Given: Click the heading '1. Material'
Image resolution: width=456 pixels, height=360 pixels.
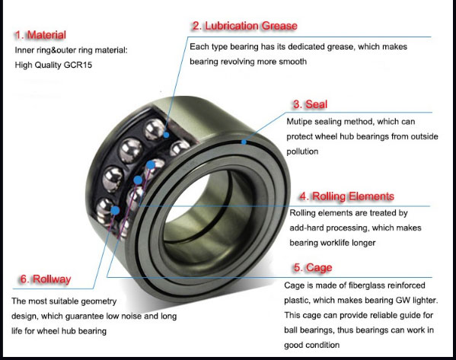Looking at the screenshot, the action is pos(40,35).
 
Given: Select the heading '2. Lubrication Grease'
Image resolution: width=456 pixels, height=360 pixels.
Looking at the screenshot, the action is pos(244,26).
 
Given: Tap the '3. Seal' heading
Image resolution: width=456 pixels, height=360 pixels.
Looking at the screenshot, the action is pos(310,104).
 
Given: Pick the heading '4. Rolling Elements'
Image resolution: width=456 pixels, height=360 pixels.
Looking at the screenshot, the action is pos(346,196).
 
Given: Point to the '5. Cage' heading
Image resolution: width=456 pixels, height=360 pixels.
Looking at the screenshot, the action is pos(313,268).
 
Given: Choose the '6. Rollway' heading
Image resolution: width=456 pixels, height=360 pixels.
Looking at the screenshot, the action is pos(46,279).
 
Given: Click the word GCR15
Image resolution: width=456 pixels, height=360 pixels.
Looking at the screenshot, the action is pos(78,65).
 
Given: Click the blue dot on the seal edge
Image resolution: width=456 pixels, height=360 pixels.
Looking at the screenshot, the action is pos(244,142).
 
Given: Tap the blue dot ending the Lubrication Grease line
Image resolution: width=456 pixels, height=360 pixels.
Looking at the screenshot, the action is pos(166,135).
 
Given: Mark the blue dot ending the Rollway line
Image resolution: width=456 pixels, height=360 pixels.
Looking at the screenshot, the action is pos(116,210).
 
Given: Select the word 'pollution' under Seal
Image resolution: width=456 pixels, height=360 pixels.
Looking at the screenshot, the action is pos(302,151).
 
